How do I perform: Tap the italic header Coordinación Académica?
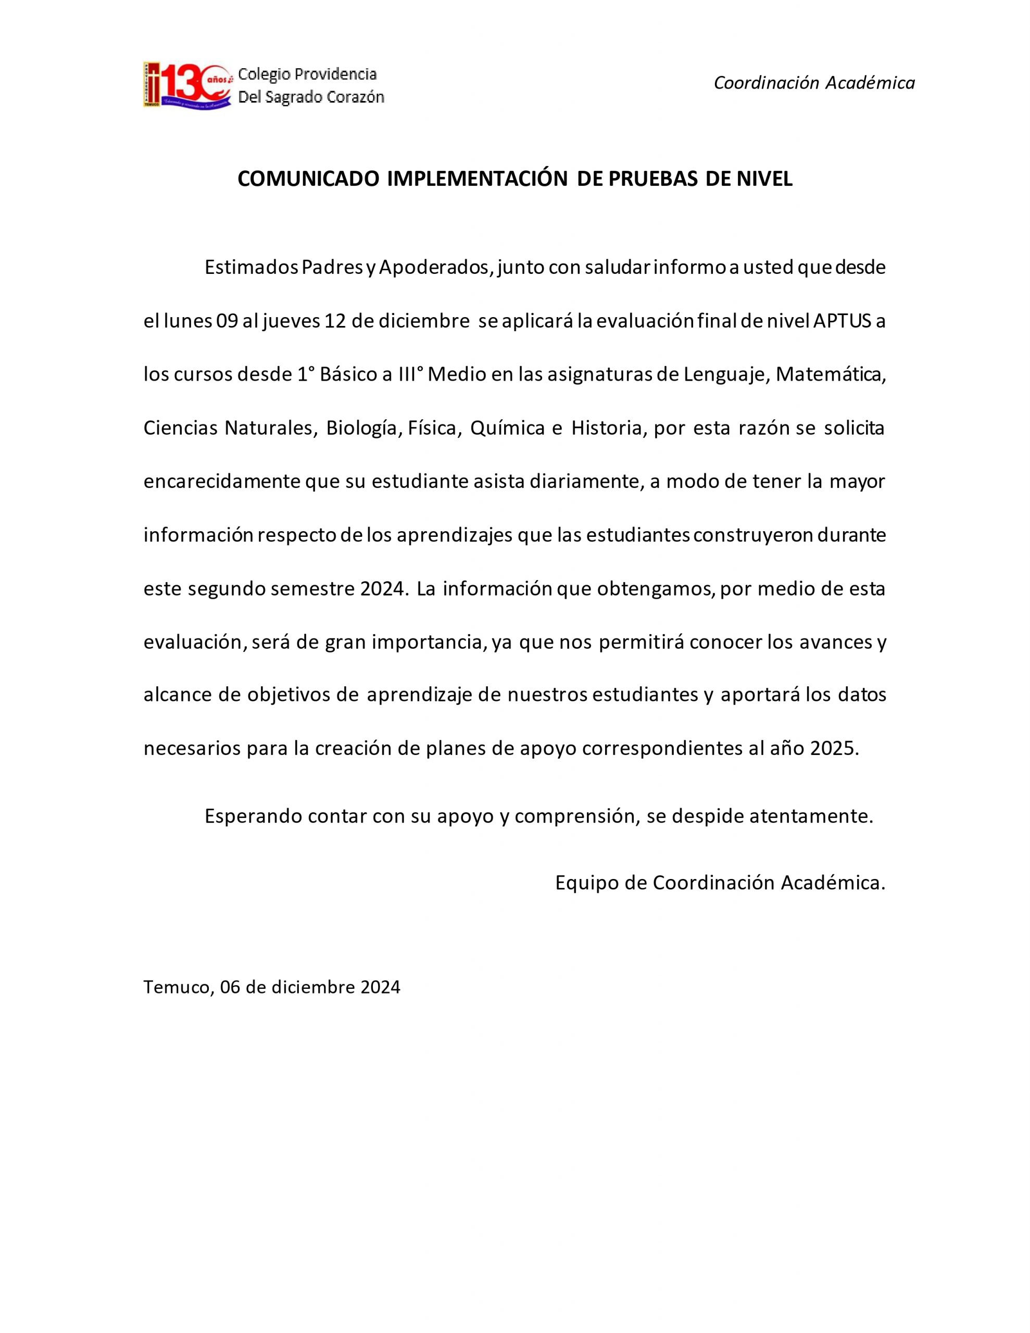[x=814, y=83]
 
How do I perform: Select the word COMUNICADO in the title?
[x=309, y=179]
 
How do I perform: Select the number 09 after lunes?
[x=227, y=321]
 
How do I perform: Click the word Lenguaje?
[x=725, y=374]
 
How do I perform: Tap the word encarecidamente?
[x=222, y=482]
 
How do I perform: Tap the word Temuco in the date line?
[x=177, y=987]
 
